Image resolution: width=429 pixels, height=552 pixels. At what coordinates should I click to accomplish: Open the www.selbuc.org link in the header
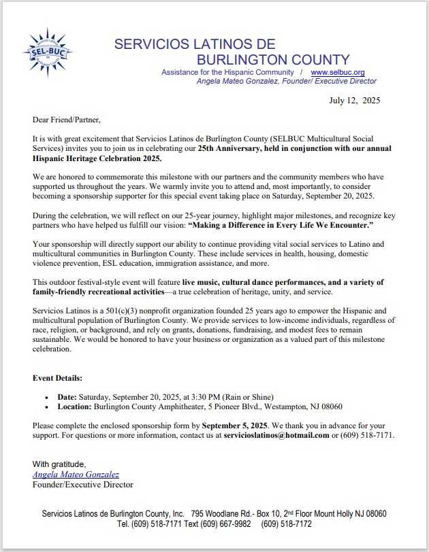pos(338,72)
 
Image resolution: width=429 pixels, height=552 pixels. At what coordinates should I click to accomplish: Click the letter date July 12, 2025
pos(355,101)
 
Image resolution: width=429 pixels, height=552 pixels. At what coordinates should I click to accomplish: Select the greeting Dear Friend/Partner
pos(66,120)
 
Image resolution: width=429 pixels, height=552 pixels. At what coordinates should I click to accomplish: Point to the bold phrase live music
pos(204,300)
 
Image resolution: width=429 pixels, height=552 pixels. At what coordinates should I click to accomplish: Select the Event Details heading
pos(58,377)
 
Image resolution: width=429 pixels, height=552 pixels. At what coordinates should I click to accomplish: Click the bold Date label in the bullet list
pos(67,396)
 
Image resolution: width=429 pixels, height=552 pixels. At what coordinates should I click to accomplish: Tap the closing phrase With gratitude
pos(59,464)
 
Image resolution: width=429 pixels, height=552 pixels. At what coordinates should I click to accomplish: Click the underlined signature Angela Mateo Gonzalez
pos(76,475)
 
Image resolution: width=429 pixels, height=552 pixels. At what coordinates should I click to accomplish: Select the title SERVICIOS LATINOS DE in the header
pos(194,44)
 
